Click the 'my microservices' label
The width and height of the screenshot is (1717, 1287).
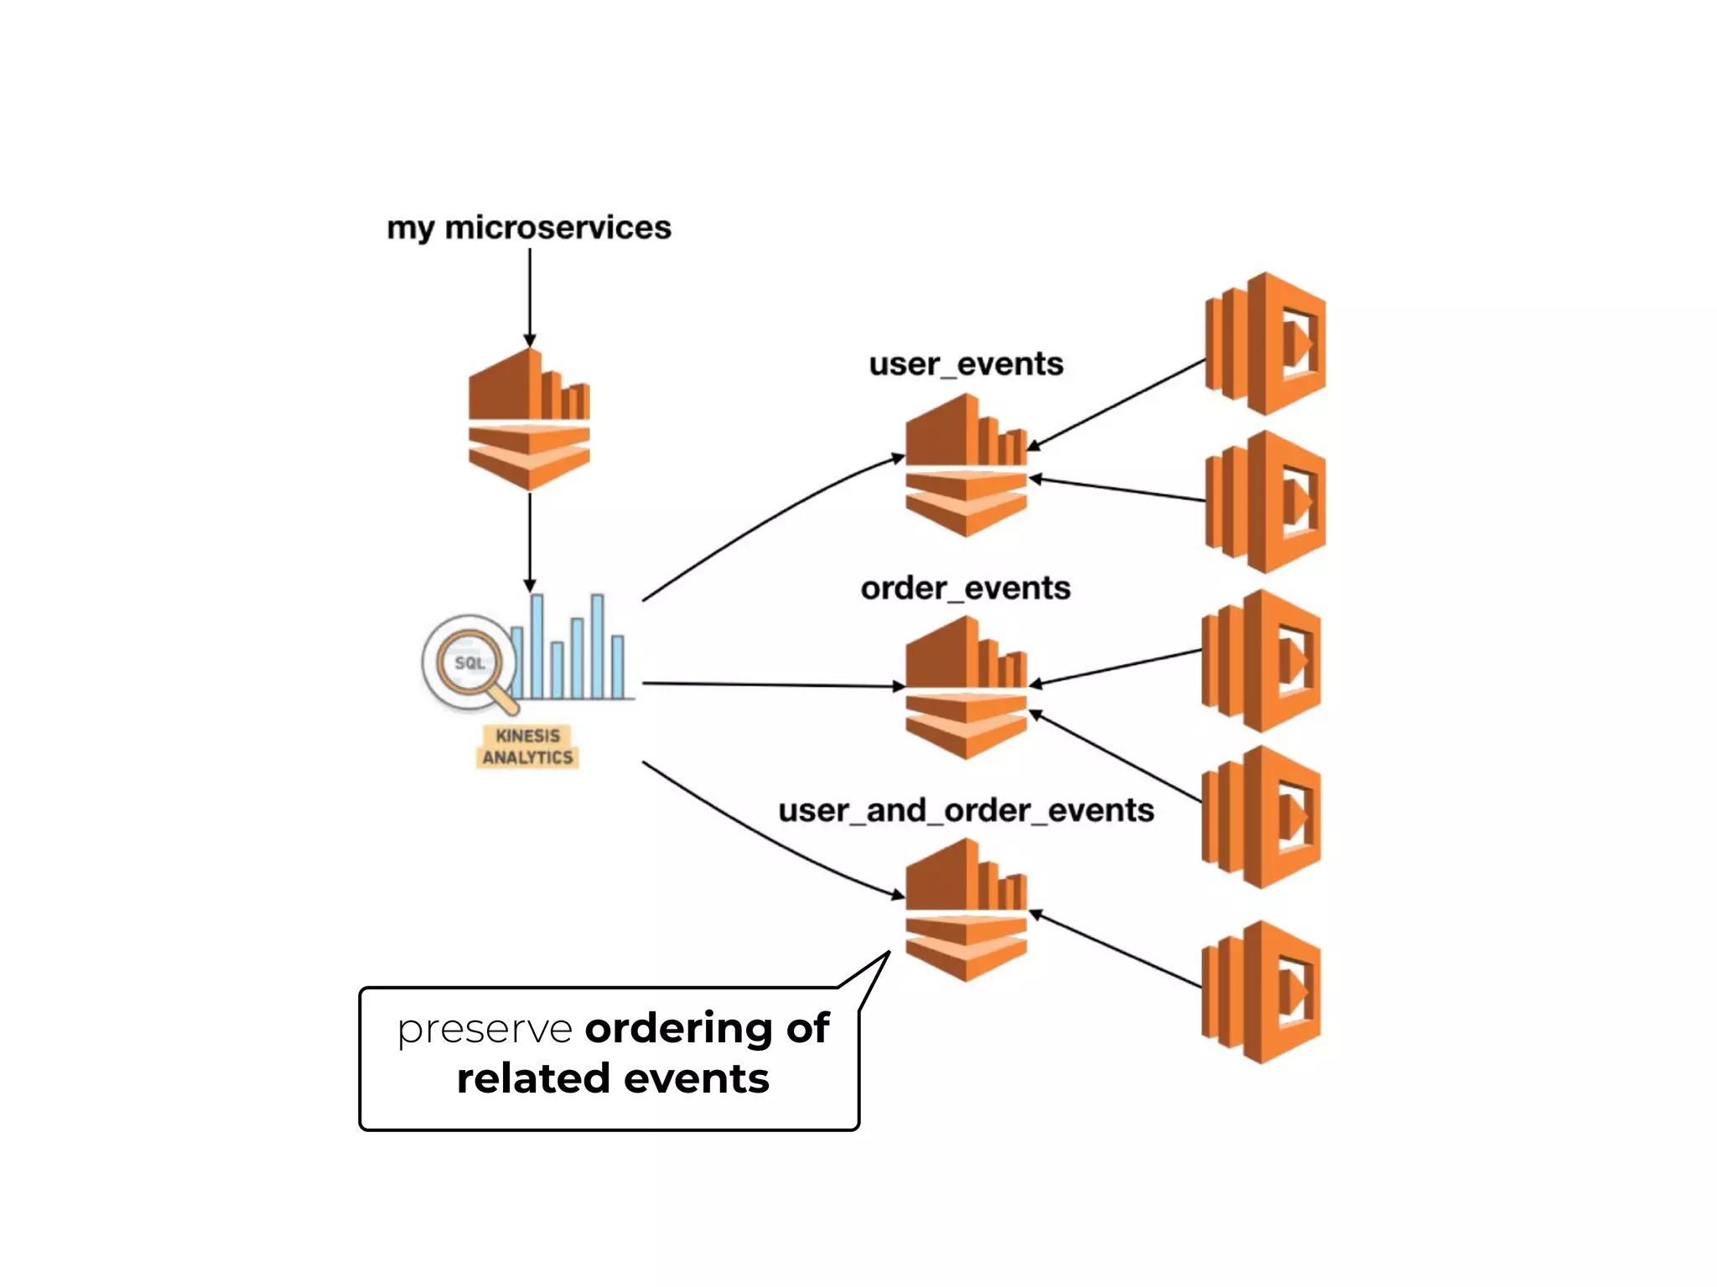(528, 228)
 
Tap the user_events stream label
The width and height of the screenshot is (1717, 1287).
(966, 364)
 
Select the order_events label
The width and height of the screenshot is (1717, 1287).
(965, 588)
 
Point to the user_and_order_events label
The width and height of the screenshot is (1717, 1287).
(966, 811)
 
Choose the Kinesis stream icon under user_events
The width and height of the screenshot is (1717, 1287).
(966, 466)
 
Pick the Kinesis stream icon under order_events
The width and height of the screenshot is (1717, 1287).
(966, 688)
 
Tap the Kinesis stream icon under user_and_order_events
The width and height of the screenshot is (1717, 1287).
(966, 911)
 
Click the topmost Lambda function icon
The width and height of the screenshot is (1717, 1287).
(1264, 344)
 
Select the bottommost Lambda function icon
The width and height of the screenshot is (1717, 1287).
(1261, 992)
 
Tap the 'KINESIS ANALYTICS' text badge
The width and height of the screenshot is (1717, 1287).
(527, 747)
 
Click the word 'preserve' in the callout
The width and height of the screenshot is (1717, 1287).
(485, 1029)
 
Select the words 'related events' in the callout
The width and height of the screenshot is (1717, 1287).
(613, 1079)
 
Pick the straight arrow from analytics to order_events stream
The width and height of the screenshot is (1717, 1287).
(771, 685)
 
